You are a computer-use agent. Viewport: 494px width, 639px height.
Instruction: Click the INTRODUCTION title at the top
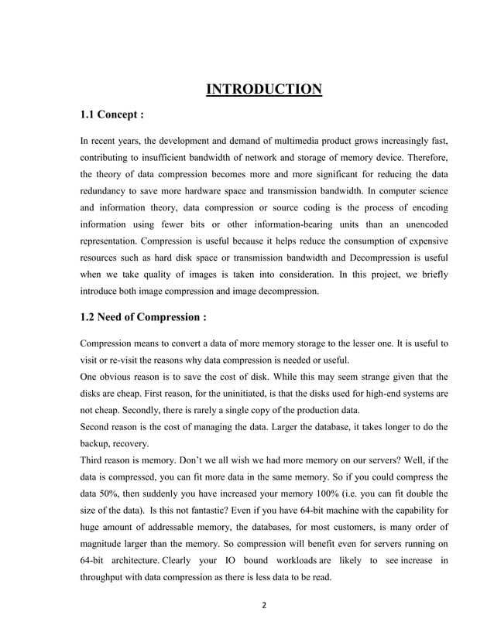263,91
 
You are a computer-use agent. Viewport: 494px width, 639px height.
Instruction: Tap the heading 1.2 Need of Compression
143,317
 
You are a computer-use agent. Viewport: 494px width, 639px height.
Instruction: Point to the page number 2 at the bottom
263,605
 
